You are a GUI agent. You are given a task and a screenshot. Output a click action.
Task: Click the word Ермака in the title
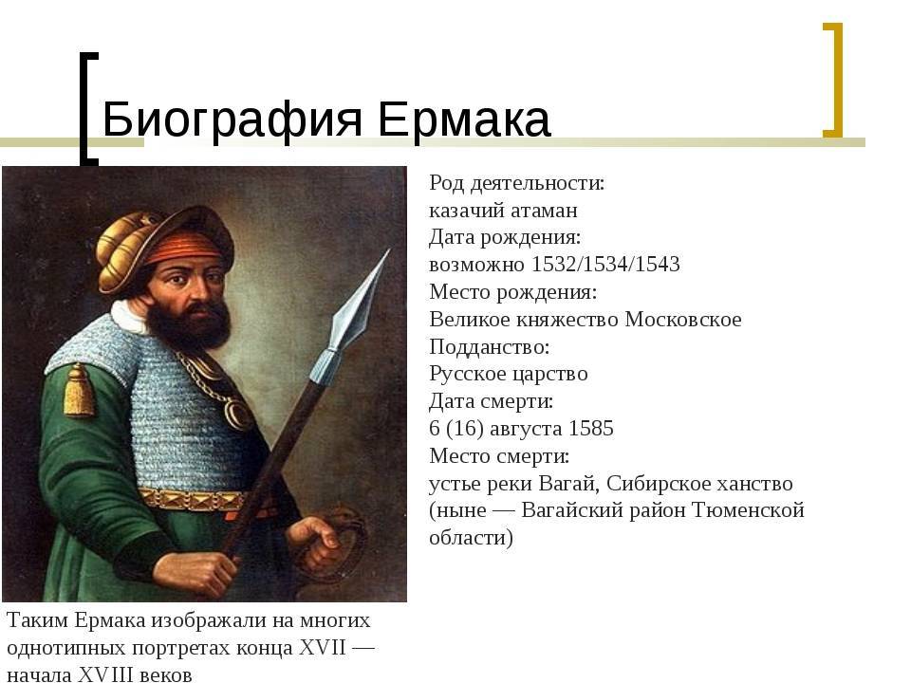point(464,119)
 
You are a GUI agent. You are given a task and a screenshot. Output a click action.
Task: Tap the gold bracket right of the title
point(832,80)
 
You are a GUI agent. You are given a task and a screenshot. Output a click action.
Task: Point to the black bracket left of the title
point(88,107)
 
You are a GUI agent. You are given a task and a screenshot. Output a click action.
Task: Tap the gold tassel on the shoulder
point(79,391)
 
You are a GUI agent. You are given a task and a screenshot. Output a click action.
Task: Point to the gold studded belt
point(193,500)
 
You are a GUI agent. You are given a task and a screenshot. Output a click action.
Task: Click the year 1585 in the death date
point(591,429)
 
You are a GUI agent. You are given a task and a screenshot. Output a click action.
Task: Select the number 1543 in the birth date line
point(657,265)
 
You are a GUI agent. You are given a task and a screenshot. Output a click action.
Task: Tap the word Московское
point(682,320)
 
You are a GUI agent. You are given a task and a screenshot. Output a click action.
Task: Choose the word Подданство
point(490,347)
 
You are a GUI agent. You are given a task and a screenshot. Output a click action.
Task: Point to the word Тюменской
point(749,510)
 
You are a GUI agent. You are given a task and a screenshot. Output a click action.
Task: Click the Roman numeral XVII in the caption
point(322,648)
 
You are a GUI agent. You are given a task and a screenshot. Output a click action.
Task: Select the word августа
point(526,429)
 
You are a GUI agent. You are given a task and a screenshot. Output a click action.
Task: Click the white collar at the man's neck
point(129,317)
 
